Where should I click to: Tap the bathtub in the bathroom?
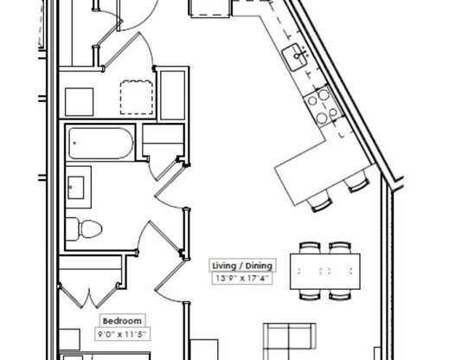pos(101,144)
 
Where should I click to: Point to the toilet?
pos(84,229)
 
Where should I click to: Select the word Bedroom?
pos(121,319)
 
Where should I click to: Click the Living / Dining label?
pos(242,265)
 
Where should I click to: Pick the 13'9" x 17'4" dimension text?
pos(242,279)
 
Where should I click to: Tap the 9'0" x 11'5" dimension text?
pos(121,333)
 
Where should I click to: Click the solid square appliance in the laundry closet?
pos(80,101)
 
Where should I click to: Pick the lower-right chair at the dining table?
pos(339,294)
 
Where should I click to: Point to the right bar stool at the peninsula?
pos(356,183)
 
